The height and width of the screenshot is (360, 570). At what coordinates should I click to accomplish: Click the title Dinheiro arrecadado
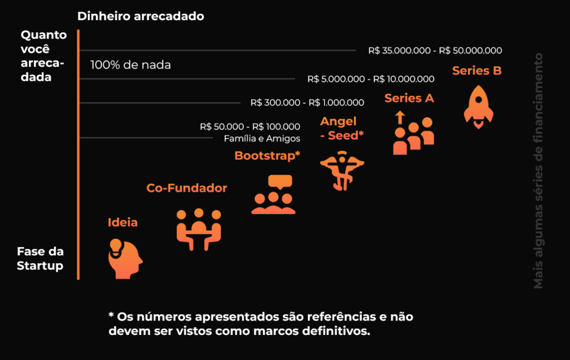click(141, 16)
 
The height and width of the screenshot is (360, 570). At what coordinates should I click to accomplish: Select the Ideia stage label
click(122, 223)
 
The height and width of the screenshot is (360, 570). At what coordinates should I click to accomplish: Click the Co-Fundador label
click(186, 188)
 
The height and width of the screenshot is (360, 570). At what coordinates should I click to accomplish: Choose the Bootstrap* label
click(267, 155)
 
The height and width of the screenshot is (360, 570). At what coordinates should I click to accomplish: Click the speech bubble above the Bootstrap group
click(279, 181)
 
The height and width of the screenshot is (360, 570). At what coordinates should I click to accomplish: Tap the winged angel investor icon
click(342, 170)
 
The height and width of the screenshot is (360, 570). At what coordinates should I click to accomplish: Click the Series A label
click(409, 98)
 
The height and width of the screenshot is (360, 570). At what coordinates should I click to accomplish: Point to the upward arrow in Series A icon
click(399, 117)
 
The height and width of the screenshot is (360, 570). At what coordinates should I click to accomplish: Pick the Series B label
click(477, 71)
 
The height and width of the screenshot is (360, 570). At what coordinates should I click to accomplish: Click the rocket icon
click(478, 106)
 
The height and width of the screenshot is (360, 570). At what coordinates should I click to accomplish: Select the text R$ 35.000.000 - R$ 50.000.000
click(435, 51)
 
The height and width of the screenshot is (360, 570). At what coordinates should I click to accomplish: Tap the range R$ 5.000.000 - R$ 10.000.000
click(371, 79)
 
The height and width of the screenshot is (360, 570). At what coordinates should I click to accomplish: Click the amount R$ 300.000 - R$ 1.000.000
click(307, 102)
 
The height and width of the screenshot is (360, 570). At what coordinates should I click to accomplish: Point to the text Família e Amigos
click(262, 139)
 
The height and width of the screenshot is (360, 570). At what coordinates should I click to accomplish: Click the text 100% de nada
click(130, 65)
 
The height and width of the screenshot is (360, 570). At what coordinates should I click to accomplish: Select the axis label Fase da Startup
click(40, 259)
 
